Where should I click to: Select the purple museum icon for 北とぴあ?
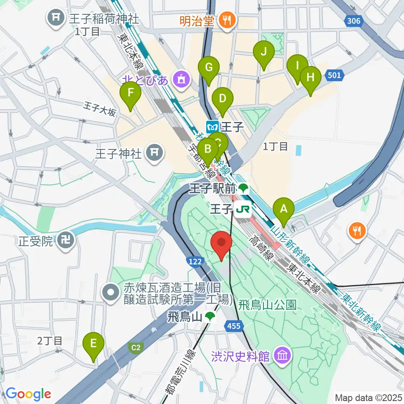coord(182,79)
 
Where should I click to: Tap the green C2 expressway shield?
coord(135,348)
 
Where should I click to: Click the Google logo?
coord(28,394)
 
